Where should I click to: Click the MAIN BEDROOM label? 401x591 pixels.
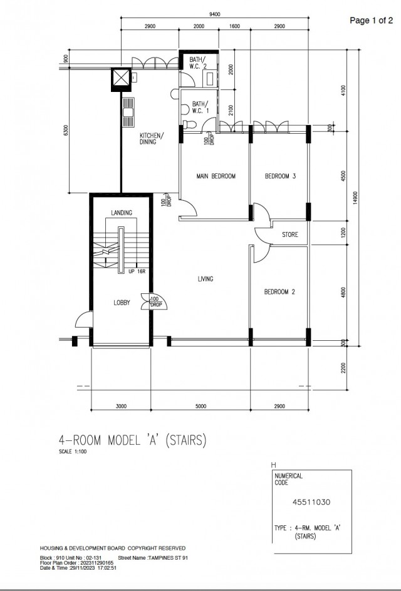coord(216,176)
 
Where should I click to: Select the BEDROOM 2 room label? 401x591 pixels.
coord(279,292)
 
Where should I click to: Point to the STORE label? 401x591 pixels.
coord(289,235)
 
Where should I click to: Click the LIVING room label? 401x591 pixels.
coord(205,279)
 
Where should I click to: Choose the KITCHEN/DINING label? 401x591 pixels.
coord(152,139)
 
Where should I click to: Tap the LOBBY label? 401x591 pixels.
coord(122,303)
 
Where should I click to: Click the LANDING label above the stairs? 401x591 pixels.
coord(122,213)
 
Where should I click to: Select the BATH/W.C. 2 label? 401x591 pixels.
coord(198,64)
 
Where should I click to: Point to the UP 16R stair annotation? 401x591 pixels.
coord(137,272)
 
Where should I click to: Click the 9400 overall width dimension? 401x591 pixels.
coord(214,15)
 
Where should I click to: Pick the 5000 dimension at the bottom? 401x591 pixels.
coord(200,407)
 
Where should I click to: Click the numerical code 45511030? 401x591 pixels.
coord(311,502)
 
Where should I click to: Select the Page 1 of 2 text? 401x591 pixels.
coord(371,21)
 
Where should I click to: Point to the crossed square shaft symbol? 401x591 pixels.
coord(120,78)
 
